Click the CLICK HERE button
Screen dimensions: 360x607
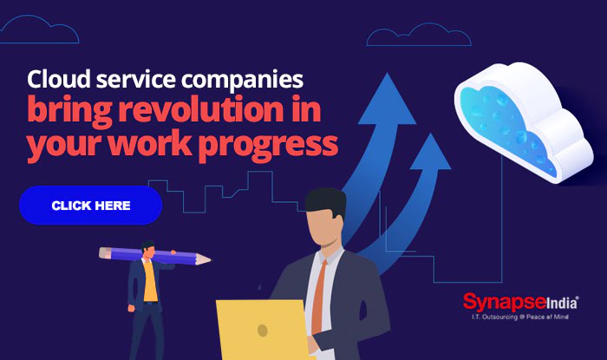90,206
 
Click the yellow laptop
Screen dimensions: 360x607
261,330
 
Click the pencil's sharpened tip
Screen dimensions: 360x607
206,259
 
